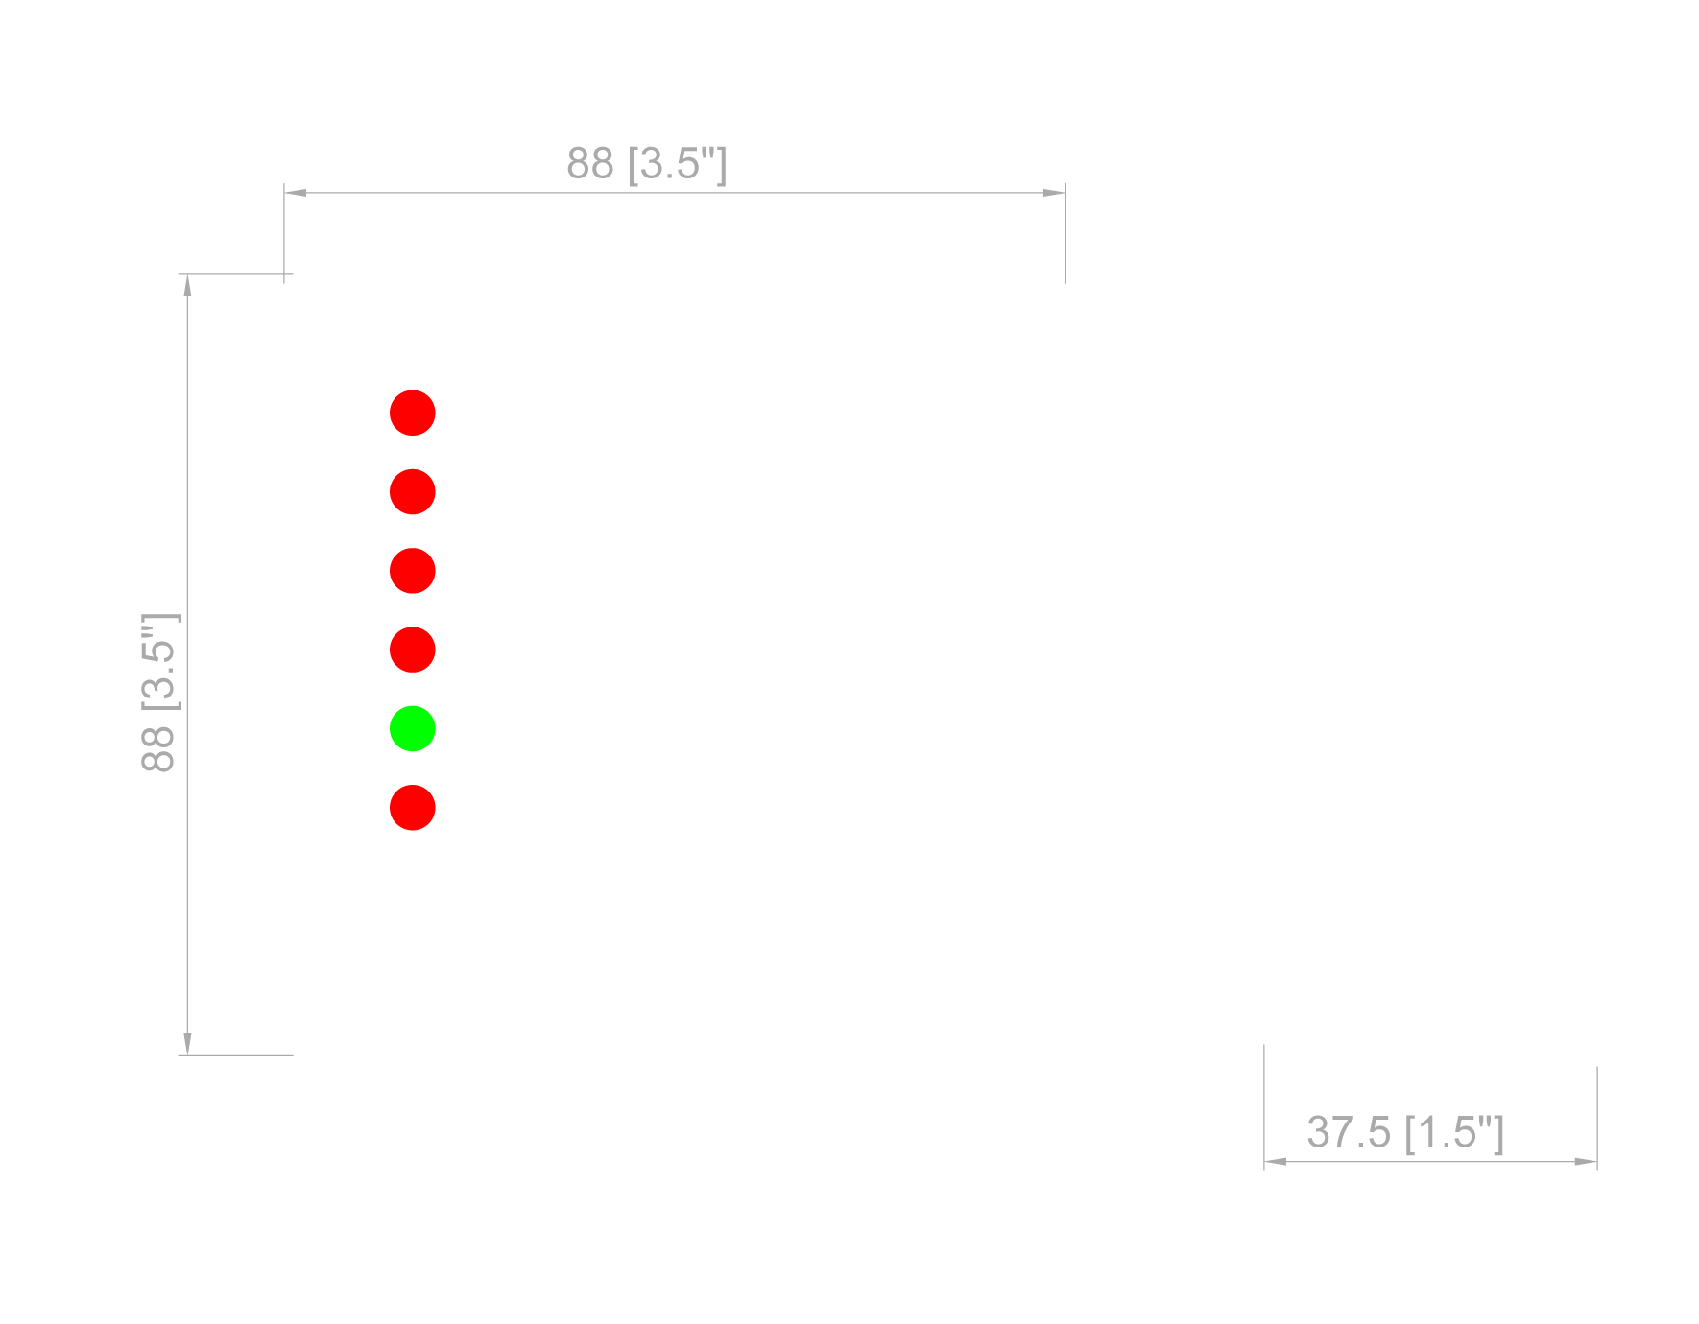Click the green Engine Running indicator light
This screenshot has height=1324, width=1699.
click(413, 728)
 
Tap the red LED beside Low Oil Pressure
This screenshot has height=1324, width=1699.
click(413, 413)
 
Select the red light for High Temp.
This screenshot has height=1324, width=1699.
click(413, 491)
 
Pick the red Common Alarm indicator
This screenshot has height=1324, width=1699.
click(413, 807)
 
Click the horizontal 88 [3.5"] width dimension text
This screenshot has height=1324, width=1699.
click(646, 163)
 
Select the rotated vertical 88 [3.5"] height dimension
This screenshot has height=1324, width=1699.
click(159, 692)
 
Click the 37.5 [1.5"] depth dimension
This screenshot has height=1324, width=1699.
click(1404, 1133)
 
